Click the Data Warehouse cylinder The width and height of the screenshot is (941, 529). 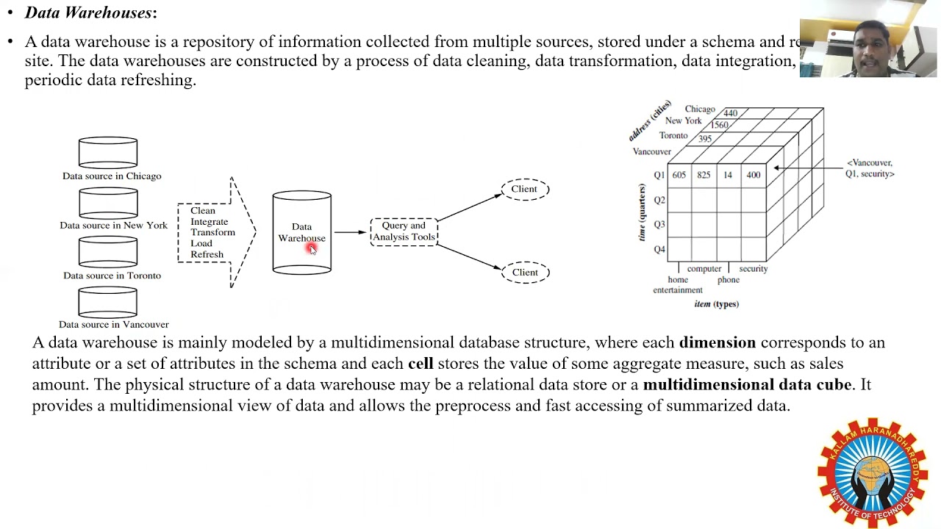coord(301,233)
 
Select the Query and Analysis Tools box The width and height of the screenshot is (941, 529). coord(404,231)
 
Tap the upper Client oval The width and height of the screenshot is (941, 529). coord(525,189)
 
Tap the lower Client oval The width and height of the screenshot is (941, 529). coord(525,273)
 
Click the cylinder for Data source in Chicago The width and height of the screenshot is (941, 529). coord(108,153)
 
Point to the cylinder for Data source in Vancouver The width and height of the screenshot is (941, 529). coord(108,302)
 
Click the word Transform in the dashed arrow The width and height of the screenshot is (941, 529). coord(212,232)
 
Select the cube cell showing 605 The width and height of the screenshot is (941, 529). coord(679,175)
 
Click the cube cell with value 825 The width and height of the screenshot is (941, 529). coord(704,175)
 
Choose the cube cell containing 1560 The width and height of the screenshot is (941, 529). coord(719,125)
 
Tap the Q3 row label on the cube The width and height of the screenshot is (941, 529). coord(659,225)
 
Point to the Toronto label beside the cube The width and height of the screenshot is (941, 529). coord(673,136)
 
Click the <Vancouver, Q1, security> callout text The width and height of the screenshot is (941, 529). coord(870,168)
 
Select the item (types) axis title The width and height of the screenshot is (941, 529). coord(716,303)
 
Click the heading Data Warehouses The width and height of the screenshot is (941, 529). coord(90,12)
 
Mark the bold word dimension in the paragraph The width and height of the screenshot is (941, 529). coord(717,342)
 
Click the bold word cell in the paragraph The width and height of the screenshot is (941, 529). coord(421,363)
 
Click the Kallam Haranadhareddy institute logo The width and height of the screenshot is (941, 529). coord(873,472)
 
